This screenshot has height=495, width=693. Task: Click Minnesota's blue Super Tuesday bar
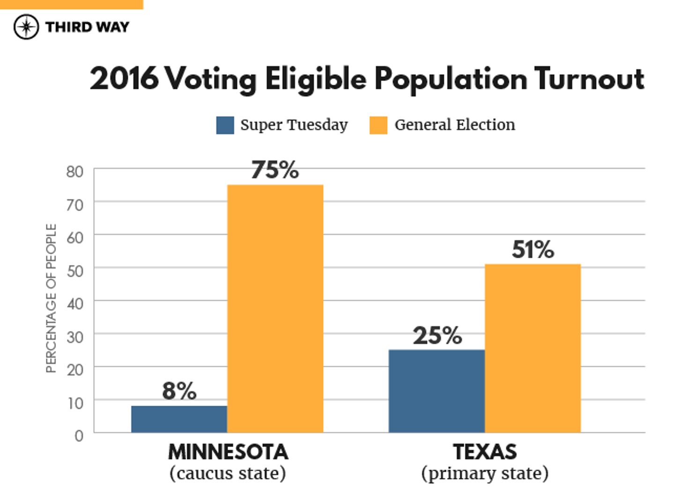click(179, 419)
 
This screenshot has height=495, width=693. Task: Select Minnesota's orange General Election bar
click(275, 309)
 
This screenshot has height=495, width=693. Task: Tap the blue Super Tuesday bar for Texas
click(436, 391)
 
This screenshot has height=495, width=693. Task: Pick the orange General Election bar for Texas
click(532, 349)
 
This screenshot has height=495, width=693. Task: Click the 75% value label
click(275, 170)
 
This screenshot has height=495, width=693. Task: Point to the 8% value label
click(179, 391)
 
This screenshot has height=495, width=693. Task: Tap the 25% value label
click(437, 335)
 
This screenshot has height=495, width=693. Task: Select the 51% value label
click(533, 249)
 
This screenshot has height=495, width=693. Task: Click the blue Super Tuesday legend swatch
click(225, 125)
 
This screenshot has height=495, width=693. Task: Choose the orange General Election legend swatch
click(378, 125)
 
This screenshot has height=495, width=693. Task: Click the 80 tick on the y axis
click(75, 172)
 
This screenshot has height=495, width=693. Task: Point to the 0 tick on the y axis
click(79, 436)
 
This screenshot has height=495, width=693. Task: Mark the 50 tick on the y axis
click(75, 271)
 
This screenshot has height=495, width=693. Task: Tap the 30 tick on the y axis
click(75, 337)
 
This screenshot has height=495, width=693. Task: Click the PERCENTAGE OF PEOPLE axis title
click(51, 298)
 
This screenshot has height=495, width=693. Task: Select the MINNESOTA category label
click(228, 452)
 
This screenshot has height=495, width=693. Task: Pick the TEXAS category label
click(485, 452)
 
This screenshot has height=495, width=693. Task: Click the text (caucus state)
click(228, 473)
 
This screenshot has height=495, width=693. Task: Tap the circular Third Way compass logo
click(26, 27)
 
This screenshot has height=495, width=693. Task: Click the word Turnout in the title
click(589, 78)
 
